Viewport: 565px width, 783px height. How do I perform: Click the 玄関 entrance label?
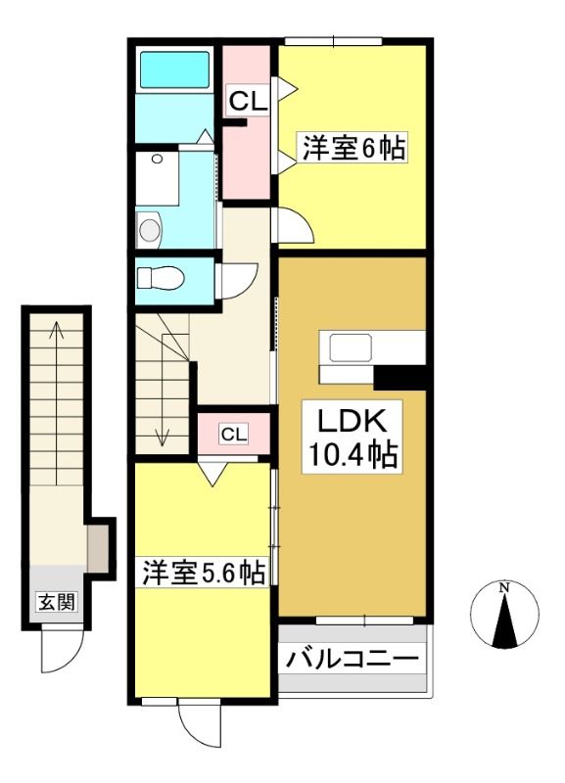pyautogui.click(x=57, y=602)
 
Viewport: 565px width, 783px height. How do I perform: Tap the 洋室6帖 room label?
pyautogui.click(x=353, y=147)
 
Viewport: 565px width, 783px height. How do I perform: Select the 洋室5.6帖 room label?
pyautogui.click(x=204, y=573)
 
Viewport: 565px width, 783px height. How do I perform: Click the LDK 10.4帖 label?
pyautogui.click(x=353, y=437)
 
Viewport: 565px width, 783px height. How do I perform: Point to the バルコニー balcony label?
pyautogui.click(x=353, y=659)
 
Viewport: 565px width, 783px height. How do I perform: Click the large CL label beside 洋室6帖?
pyautogui.click(x=248, y=102)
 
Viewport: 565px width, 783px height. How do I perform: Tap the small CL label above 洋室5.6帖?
pyautogui.click(x=234, y=434)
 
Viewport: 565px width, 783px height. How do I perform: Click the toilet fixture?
pyautogui.click(x=160, y=278)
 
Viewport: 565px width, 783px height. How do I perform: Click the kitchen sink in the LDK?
pyautogui.click(x=350, y=347)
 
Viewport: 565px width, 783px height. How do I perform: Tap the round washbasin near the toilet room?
pyautogui.click(x=150, y=230)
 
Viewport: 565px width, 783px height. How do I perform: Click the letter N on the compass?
pyautogui.click(x=505, y=588)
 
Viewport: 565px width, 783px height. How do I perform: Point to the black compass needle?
pyautogui.click(x=505, y=621)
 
